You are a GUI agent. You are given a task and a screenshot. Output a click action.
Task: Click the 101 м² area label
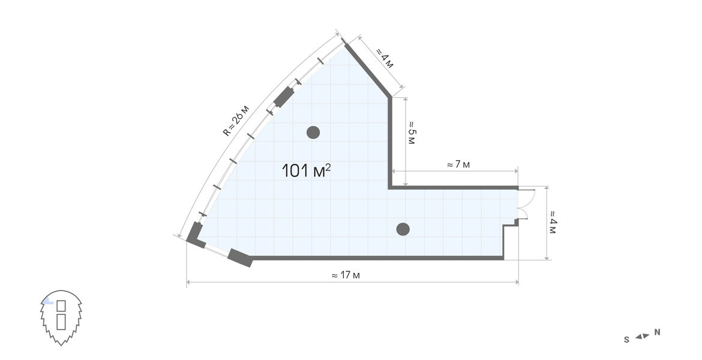click(306, 170)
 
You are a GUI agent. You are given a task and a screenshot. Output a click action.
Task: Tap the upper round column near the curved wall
click(313, 133)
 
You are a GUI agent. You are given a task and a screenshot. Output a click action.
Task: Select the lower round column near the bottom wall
click(403, 229)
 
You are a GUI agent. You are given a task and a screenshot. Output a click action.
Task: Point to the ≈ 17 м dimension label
click(346, 275)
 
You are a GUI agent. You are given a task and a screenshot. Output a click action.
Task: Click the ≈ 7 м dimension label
click(458, 164)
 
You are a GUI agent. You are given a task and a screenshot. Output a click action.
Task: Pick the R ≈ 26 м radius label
click(235, 120)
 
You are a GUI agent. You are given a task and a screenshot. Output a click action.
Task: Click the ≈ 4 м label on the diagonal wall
click(384, 58)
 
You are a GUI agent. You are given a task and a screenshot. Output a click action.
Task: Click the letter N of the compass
click(657, 332)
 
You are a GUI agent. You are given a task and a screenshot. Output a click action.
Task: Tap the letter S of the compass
click(627, 340)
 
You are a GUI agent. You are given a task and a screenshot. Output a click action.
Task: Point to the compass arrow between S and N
click(642, 336)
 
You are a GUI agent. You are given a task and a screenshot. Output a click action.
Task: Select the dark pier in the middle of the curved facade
click(283, 97)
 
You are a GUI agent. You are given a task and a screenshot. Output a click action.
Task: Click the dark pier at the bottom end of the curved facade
click(195, 235)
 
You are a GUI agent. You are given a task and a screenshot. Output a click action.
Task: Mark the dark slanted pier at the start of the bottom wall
click(240, 257)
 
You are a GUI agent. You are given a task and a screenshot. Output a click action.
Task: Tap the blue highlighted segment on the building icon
click(48, 302)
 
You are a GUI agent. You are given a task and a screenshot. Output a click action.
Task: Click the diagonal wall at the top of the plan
click(367, 68)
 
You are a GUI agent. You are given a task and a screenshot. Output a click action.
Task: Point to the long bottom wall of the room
click(377, 258)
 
